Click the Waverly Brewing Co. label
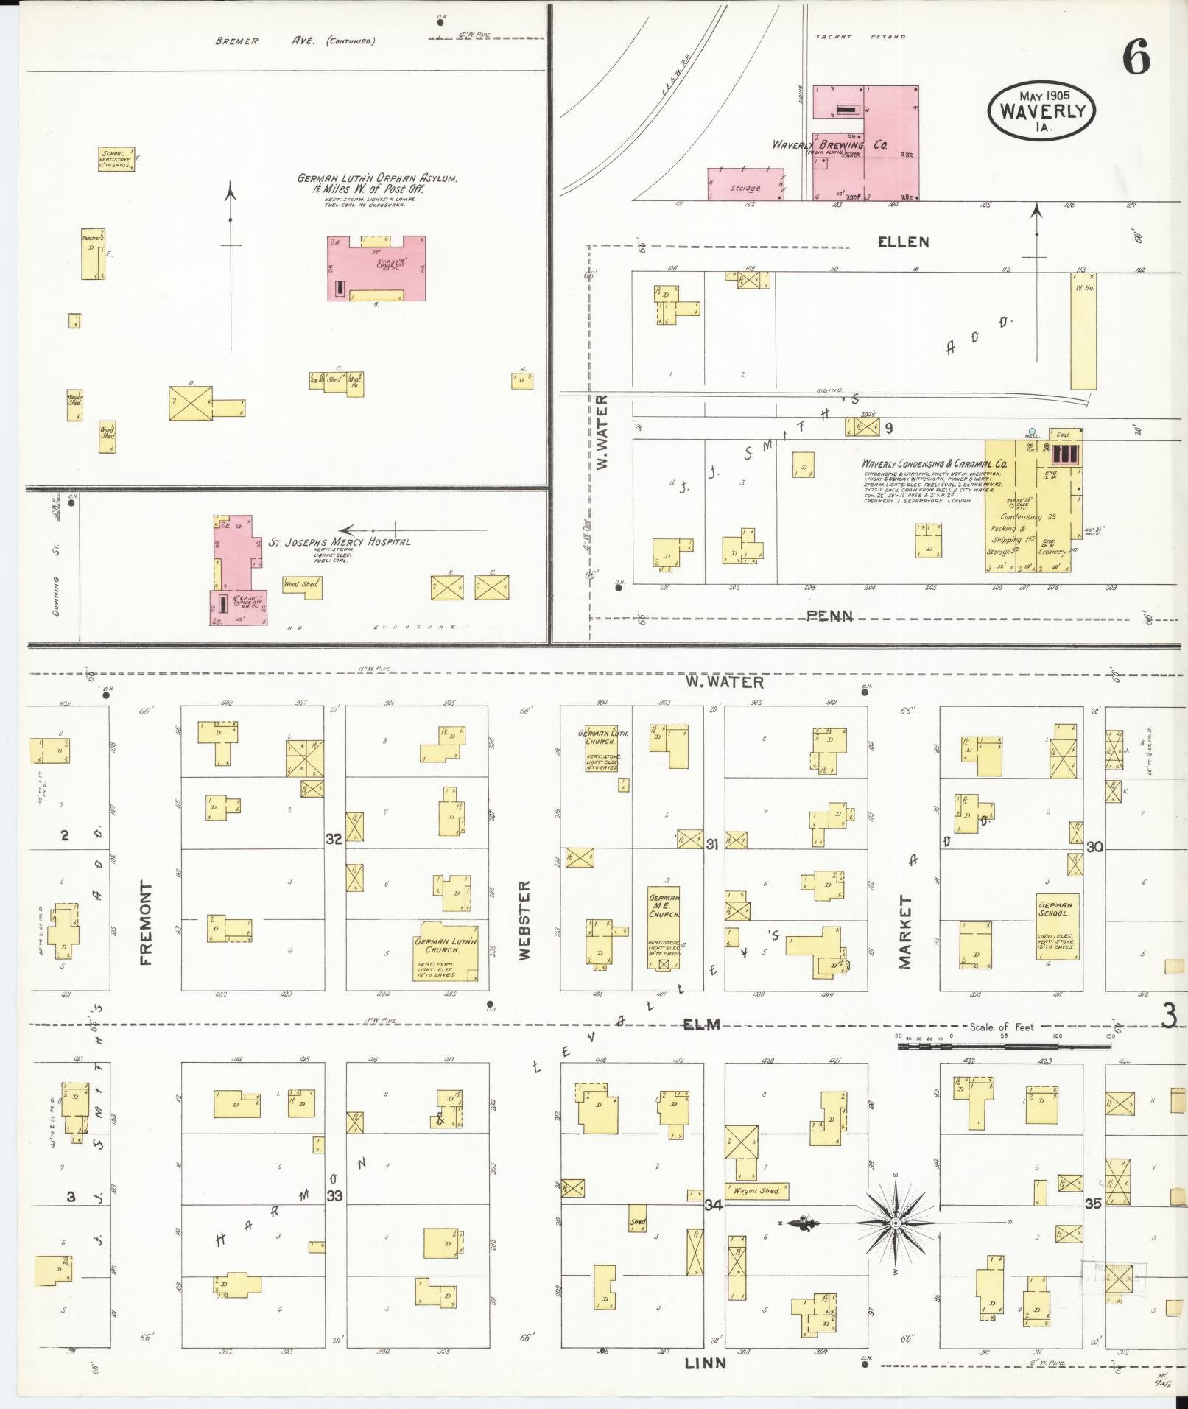[829, 145]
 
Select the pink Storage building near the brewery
[745, 185]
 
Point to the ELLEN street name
[903, 242]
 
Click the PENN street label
[829, 616]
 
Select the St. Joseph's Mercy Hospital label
[339, 542]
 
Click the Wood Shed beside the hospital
[300, 584]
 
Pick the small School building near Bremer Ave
[116, 159]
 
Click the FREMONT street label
[145, 923]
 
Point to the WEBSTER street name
[524, 920]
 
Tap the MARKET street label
[905, 932]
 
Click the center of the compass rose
[895, 1223]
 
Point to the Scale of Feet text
[1002, 1027]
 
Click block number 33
[334, 1195]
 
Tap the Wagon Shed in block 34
[756, 1190]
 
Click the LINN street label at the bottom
[705, 1363]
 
